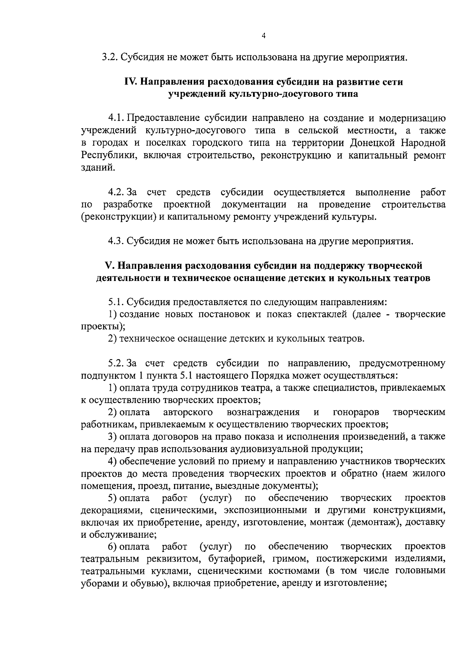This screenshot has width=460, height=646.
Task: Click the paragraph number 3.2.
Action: coord(110,58)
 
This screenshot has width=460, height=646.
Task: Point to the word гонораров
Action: coord(356,412)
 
